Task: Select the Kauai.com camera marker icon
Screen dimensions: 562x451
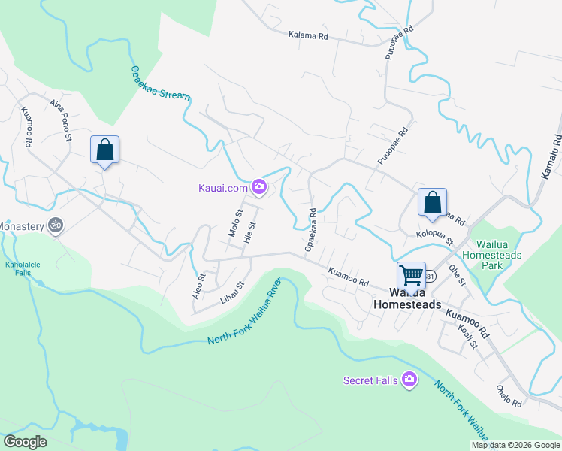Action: point(259,187)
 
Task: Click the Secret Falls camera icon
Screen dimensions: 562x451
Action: point(409,380)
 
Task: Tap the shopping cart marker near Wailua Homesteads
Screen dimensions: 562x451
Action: point(411,275)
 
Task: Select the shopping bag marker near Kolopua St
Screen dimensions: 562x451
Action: point(432,202)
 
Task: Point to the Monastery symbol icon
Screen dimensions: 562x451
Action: point(55,225)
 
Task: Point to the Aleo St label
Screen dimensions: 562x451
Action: point(198,286)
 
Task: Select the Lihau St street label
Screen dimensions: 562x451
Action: point(232,292)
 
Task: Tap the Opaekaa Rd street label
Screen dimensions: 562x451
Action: point(311,230)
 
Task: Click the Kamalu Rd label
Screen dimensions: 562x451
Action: point(551,157)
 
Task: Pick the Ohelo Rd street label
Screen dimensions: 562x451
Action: point(509,395)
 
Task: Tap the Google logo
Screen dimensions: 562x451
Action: point(26,442)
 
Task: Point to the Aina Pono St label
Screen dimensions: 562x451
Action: point(60,120)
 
